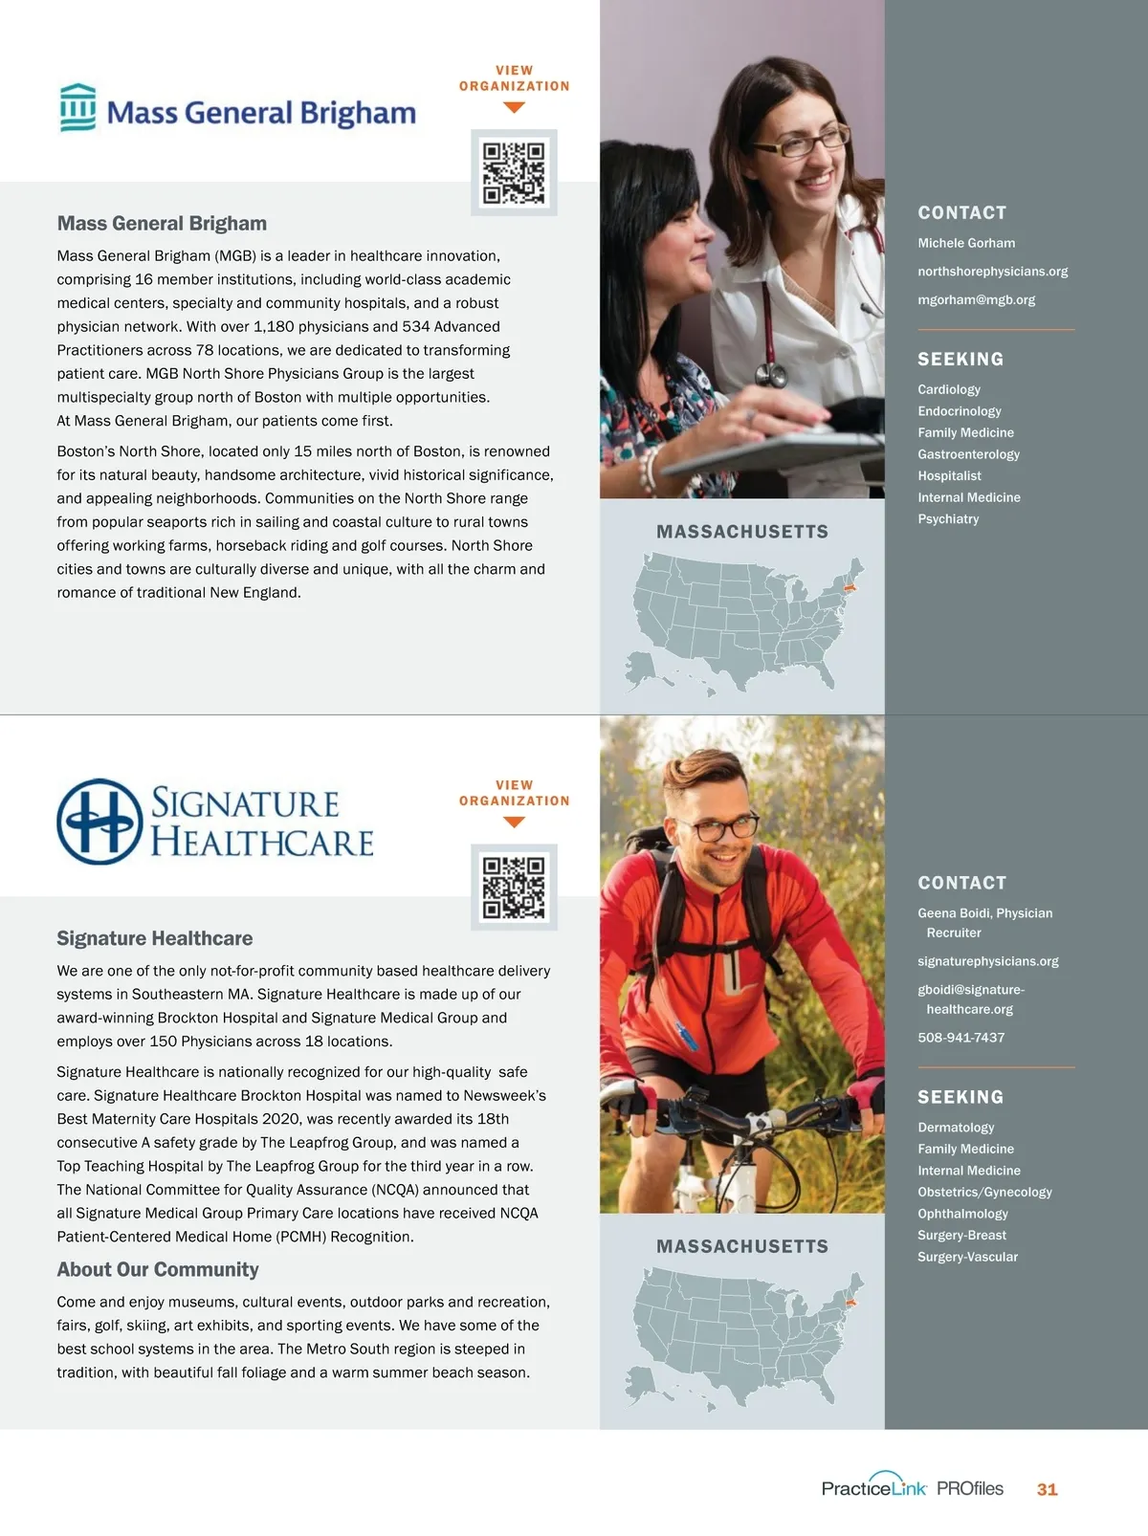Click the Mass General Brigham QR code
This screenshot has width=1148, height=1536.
click(x=514, y=172)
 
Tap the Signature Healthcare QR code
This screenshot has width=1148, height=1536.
click(x=514, y=887)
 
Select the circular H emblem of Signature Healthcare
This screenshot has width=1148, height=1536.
click(x=99, y=822)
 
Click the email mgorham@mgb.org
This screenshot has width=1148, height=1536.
click(x=976, y=300)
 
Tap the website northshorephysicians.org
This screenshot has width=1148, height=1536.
click(x=992, y=272)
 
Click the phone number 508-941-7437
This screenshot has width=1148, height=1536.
click(x=960, y=1038)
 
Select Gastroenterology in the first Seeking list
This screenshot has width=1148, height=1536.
click(x=968, y=454)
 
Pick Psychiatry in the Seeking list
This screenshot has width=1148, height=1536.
click(x=948, y=519)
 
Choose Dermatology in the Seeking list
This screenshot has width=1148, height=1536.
click(x=956, y=1128)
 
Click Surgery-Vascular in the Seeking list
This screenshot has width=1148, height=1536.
click(x=967, y=1257)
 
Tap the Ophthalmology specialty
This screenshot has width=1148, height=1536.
click(x=962, y=1214)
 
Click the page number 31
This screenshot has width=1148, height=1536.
click(x=1047, y=1489)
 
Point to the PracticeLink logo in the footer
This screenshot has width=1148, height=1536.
click(x=873, y=1486)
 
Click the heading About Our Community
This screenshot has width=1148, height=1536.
click(x=158, y=1269)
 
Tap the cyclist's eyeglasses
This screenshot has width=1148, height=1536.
click(x=721, y=827)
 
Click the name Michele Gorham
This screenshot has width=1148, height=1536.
click(x=966, y=243)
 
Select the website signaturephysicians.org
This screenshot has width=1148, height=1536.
click(x=987, y=961)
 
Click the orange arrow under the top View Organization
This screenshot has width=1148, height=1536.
click(x=514, y=108)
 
